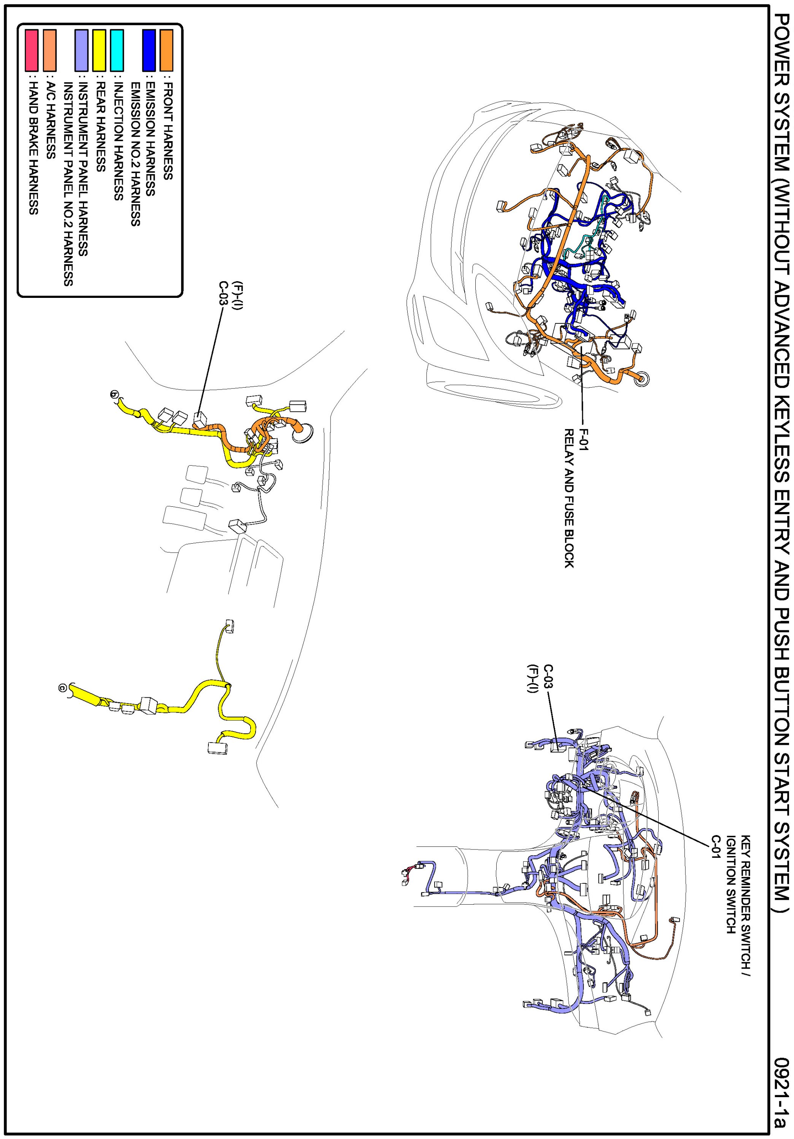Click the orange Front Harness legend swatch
167,50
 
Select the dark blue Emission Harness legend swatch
149,50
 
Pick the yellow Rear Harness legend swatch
99,50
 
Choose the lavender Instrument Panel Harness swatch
81,50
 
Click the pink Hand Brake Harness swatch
32,50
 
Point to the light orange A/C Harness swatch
49,50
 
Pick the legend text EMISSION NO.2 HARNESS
135,154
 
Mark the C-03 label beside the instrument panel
548,677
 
